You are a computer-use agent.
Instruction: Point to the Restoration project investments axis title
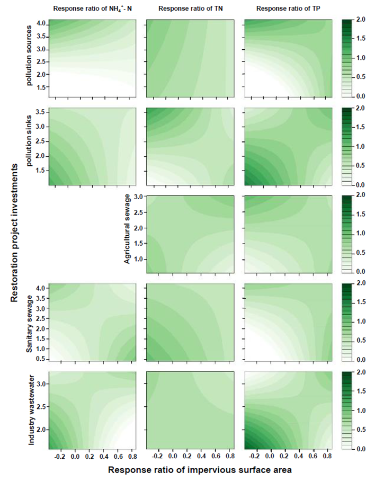[14, 233]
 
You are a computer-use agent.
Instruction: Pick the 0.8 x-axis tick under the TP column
[328, 456]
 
